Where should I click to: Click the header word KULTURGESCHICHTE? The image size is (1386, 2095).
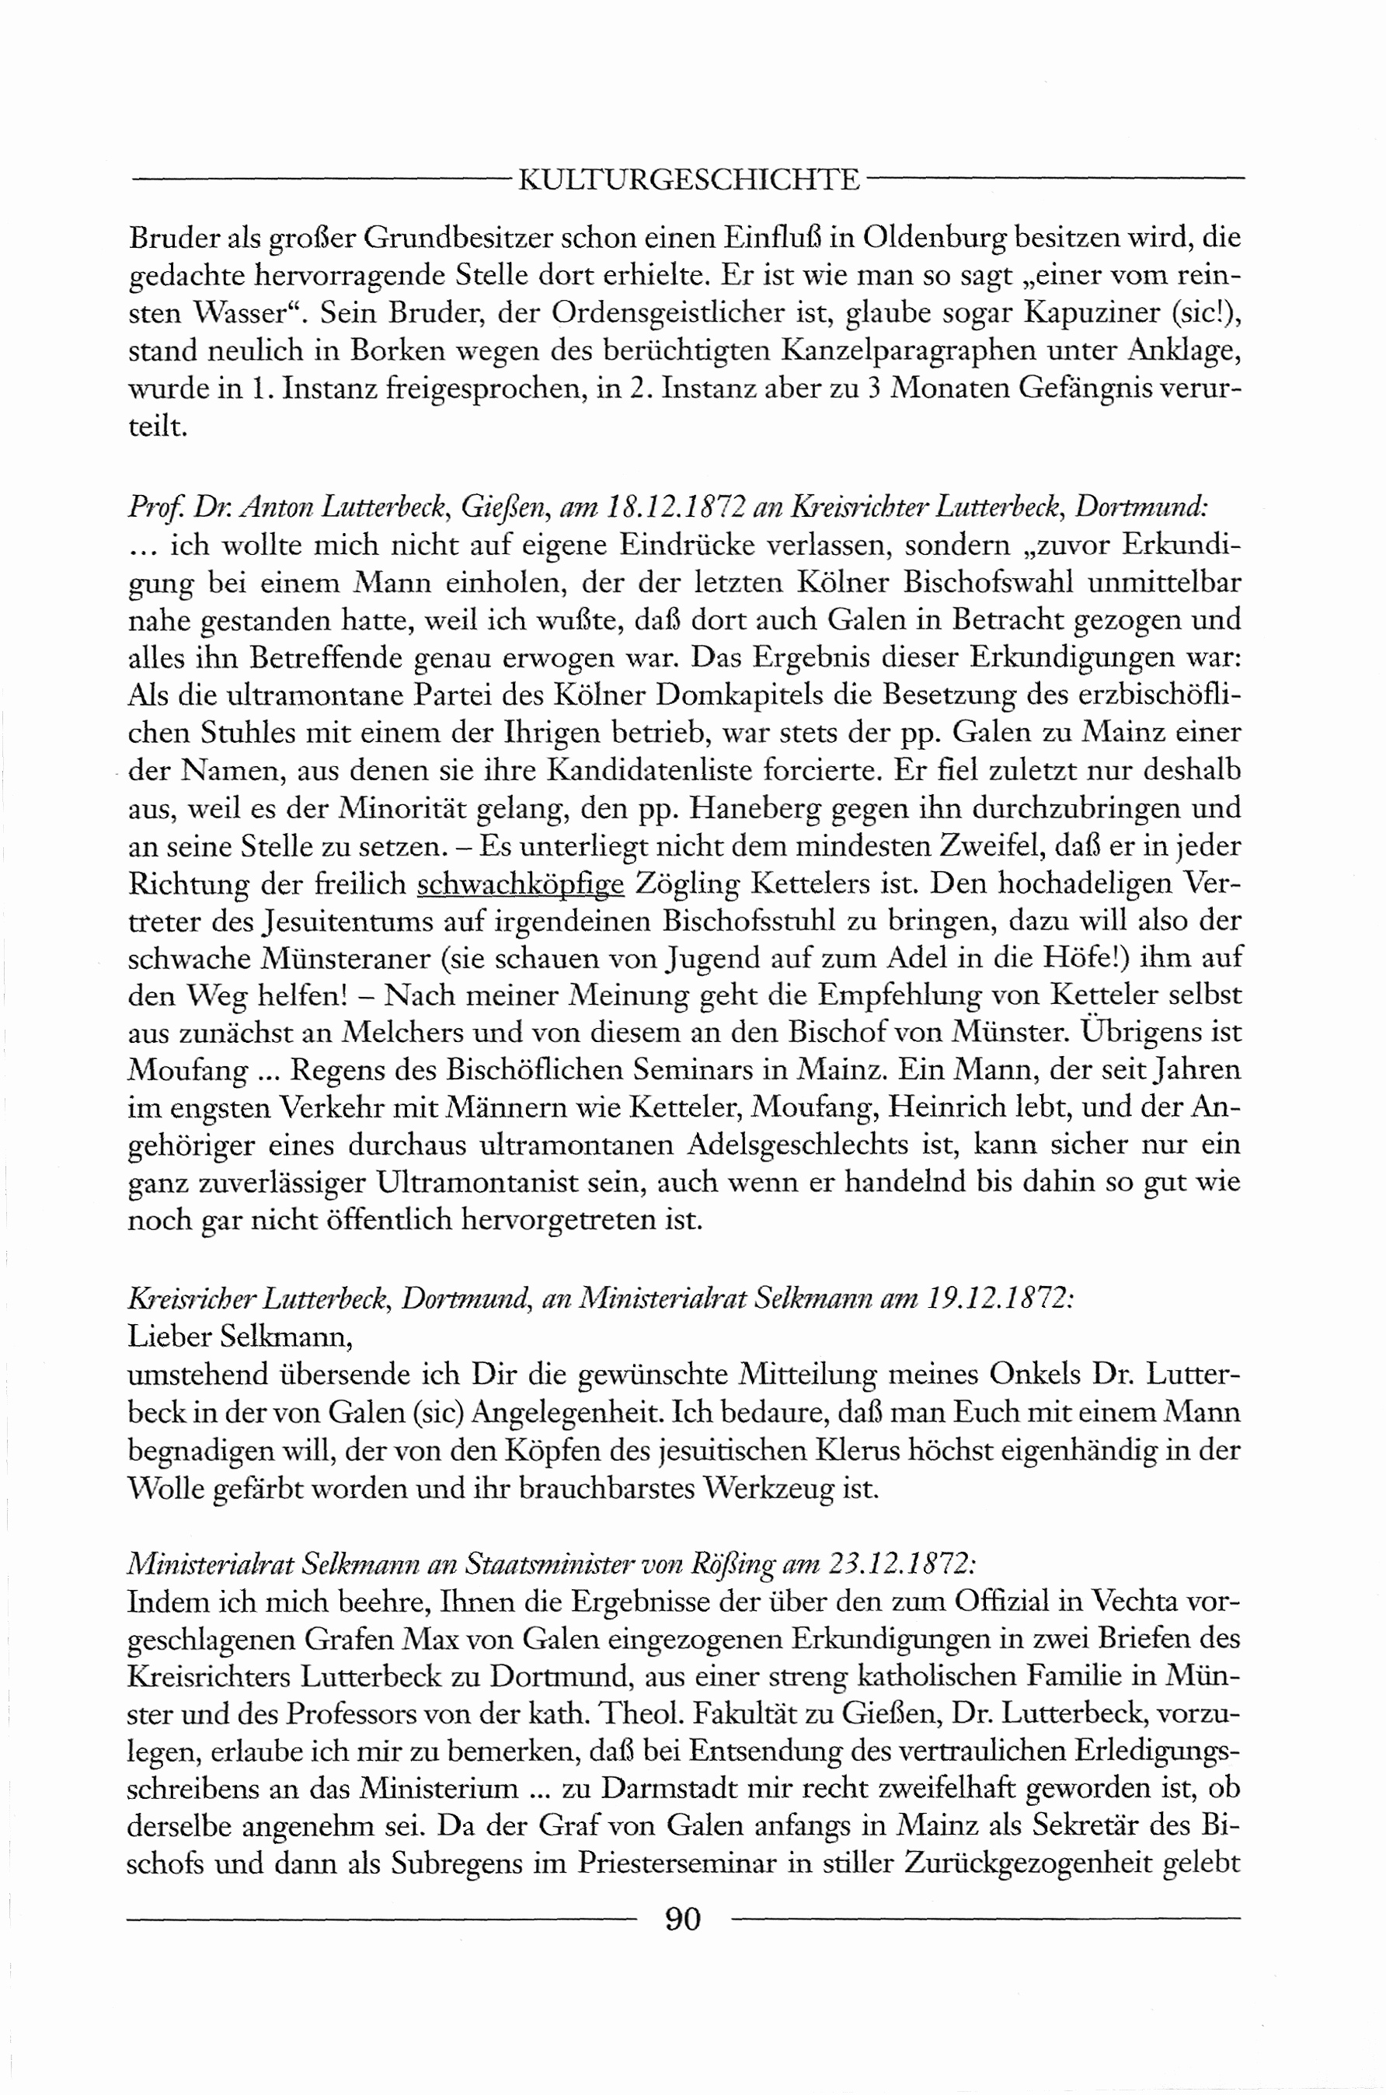pos(688,180)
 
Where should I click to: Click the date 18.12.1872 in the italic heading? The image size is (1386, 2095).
pos(675,507)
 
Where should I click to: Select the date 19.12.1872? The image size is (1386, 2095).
pos(1000,1298)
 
